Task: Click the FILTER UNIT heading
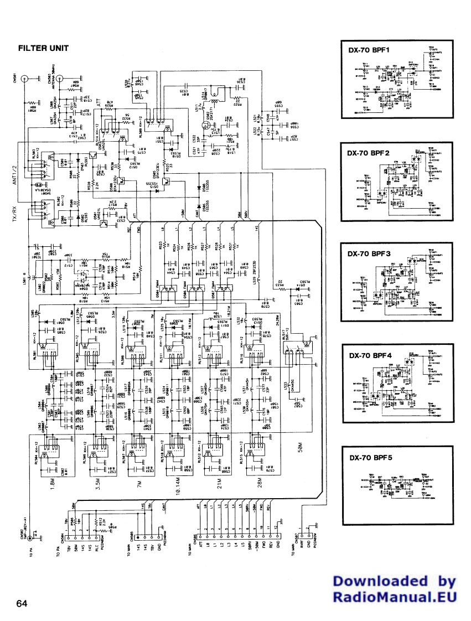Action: click(x=43, y=48)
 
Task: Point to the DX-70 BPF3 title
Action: click(x=369, y=253)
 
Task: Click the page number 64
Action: click(x=22, y=603)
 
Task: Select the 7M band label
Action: click(x=140, y=483)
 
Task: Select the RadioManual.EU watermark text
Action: click(x=394, y=597)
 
